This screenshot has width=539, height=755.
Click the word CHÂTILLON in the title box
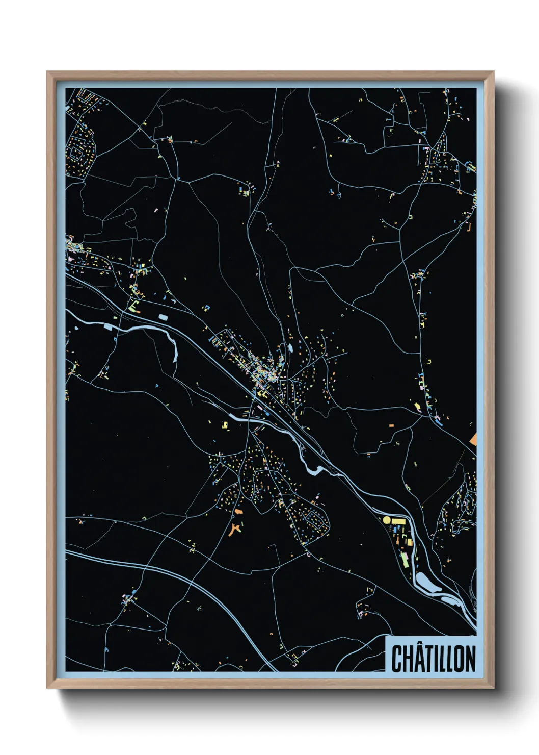433,658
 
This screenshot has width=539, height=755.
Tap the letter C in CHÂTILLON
396,659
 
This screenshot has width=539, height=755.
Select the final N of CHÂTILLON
471,659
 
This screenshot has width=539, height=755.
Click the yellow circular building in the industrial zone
387,519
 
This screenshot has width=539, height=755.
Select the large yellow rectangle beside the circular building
398,521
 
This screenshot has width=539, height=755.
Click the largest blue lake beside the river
425,582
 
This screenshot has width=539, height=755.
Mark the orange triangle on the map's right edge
473,439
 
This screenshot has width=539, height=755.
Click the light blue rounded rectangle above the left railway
163,317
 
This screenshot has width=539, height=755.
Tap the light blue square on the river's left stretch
108,326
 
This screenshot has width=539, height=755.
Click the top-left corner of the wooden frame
47,72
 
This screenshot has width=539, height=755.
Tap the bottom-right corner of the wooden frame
493,688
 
